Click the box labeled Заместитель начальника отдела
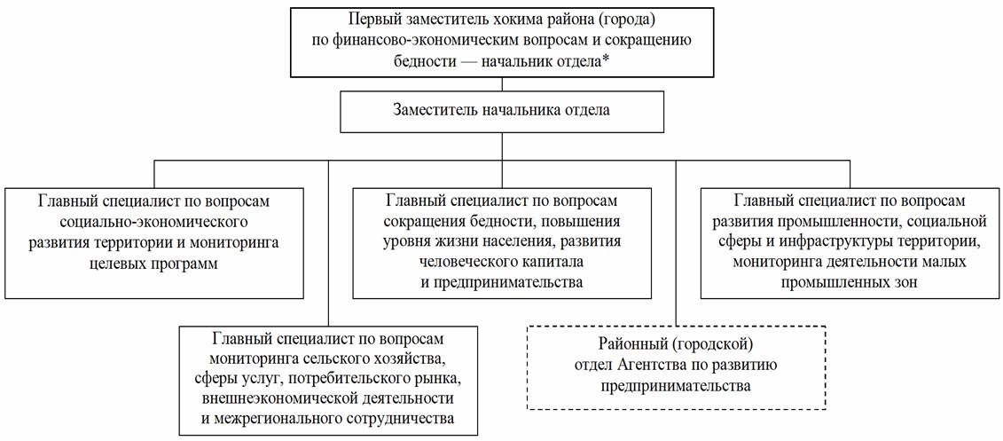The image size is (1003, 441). coord(501,111)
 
